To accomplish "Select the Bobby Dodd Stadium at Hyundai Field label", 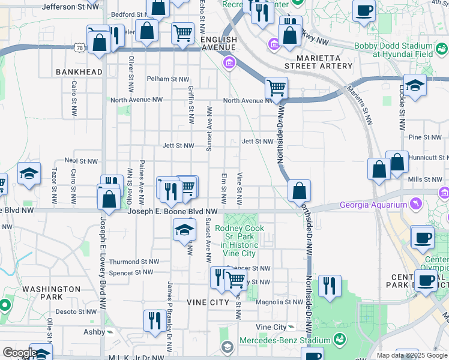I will click(x=393, y=50).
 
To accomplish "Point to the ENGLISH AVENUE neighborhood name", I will click(x=219, y=40).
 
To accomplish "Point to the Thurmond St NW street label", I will click(x=133, y=262).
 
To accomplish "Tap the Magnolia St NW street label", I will click(x=276, y=302).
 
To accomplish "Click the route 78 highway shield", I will click(x=79, y=47).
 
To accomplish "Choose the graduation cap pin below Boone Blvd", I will click(x=184, y=229).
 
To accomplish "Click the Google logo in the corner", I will click(x=19, y=353).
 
